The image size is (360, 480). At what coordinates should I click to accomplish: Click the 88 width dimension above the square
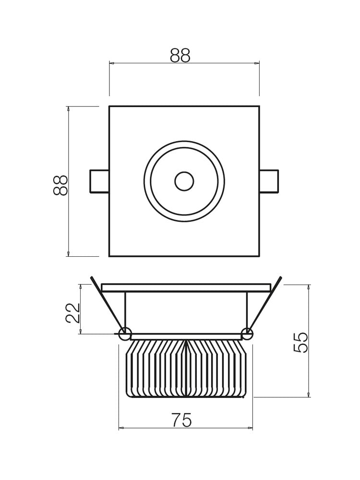(x=180, y=56)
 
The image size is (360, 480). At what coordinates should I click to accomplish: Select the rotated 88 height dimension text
(x=61, y=185)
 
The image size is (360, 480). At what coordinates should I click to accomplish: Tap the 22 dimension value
(x=73, y=312)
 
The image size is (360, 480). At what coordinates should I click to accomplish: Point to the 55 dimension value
(x=301, y=342)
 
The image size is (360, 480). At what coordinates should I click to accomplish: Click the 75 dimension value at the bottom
(x=181, y=420)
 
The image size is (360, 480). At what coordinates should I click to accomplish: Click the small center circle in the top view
(x=184, y=181)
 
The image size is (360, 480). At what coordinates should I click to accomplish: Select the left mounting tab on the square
(x=99, y=181)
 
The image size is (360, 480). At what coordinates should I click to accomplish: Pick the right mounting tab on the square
(x=269, y=181)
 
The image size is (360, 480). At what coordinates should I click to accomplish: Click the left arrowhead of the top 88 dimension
(x=111, y=63)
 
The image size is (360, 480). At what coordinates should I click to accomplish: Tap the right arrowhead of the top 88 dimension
(x=257, y=63)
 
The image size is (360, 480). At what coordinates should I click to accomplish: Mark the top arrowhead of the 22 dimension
(x=80, y=287)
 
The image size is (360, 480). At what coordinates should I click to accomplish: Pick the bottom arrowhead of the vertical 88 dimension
(x=68, y=254)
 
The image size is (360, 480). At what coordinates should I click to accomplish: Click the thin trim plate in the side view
(x=186, y=288)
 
